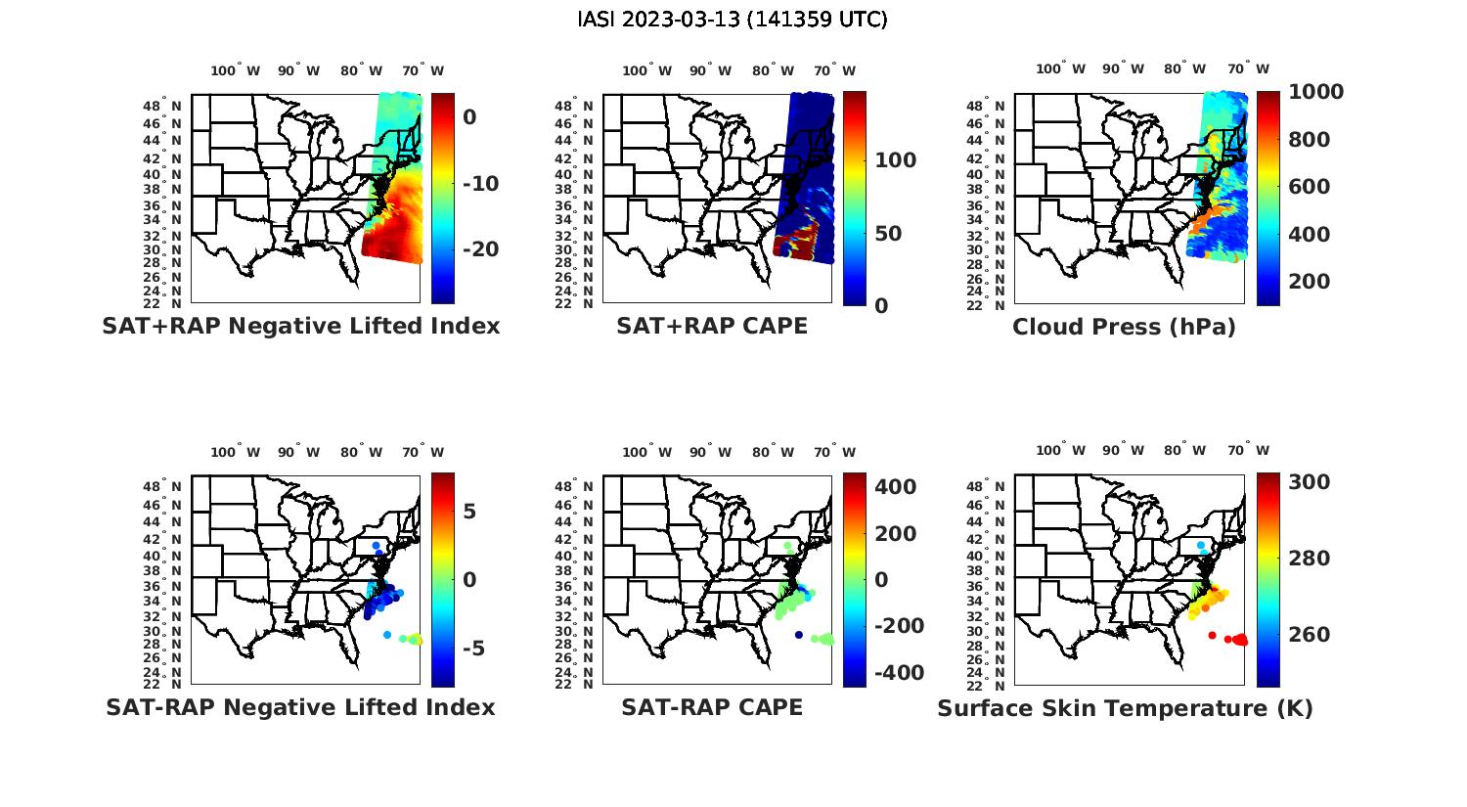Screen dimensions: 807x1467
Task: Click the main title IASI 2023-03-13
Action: pos(733,20)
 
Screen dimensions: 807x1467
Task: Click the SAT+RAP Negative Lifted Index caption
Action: pos(300,326)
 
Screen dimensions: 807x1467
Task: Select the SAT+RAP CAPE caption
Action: pos(712,326)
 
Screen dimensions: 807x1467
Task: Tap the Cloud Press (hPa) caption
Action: pos(1124,327)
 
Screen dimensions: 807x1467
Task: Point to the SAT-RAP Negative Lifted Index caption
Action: pos(300,707)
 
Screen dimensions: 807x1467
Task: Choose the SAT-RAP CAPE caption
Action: pos(712,707)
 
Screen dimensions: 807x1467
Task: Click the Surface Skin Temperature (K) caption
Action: pos(1125,708)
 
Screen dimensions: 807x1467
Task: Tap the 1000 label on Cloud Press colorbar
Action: pos(1315,92)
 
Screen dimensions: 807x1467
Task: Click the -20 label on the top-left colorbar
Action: pos(480,249)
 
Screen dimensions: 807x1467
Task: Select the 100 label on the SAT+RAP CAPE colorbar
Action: pos(895,160)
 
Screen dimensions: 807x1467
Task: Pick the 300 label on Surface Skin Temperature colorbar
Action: pos(1310,482)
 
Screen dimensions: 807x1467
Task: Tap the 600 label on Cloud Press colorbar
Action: pos(1310,187)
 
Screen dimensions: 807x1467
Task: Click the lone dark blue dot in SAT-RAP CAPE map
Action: pos(799,635)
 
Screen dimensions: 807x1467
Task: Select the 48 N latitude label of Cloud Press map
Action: pos(996,107)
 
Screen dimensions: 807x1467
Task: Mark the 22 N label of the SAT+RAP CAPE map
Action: pos(584,304)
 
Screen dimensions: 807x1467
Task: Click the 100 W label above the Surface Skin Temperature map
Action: pos(1060,451)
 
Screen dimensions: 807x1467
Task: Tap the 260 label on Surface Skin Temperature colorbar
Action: pos(1310,635)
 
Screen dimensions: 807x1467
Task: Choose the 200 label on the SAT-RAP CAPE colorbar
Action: pos(895,534)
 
